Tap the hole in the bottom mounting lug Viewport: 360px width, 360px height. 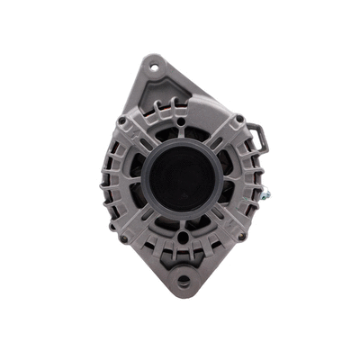pyautogui.click(x=183, y=281)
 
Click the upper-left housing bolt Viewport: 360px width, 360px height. pyautogui.click(x=121, y=120)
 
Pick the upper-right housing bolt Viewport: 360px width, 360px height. pyautogui.click(x=240, y=118)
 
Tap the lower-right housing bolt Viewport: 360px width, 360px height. pyautogui.click(x=241, y=236)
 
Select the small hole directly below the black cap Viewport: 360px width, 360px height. pyautogui.click(x=182, y=238)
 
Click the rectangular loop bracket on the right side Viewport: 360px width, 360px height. pyautogui.click(x=257, y=138)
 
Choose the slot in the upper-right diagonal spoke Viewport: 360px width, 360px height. pyautogui.click(x=225, y=134)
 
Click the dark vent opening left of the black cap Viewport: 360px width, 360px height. pyautogui.click(x=137, y=176)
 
